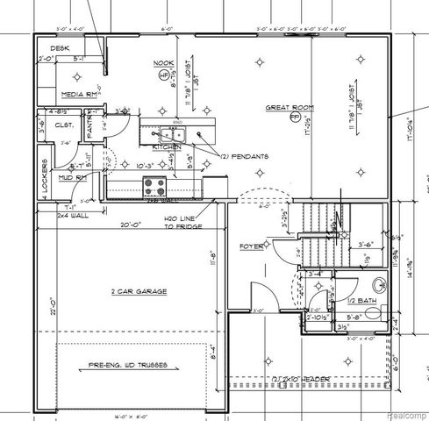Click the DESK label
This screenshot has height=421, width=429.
coord(60,49)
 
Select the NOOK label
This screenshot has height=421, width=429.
coord(164,63)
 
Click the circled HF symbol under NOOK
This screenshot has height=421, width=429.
coord(164,75)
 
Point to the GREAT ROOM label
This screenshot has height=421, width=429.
coord(290,107)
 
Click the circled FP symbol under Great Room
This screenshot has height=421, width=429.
coord(295,117)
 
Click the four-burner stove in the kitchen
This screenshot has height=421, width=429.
coord(154,185)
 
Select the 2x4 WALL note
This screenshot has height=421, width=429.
coord(73,213)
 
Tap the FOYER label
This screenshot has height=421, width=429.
coord(252,246)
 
